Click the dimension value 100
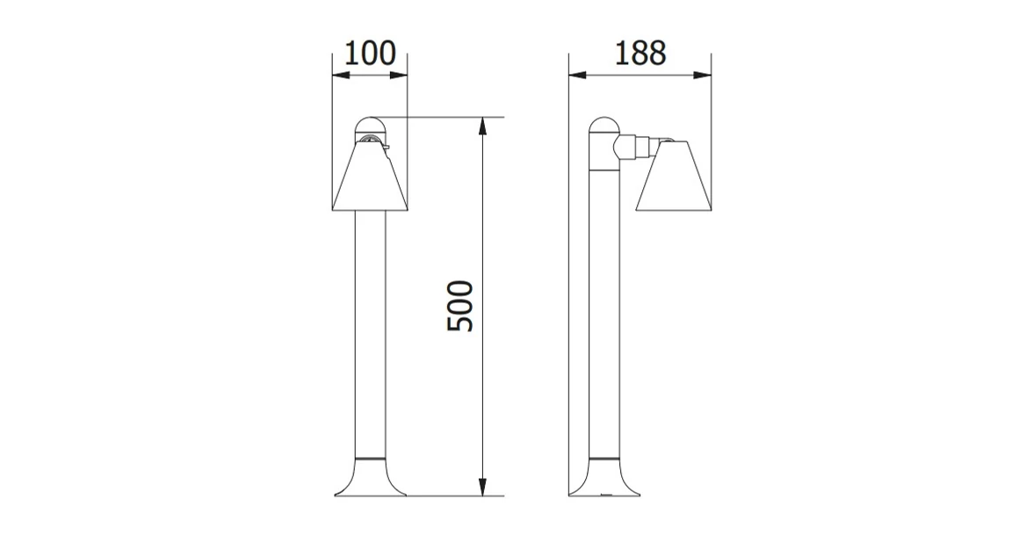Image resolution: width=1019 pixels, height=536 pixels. (370, 54)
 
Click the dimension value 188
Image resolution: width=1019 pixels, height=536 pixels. (640, 53)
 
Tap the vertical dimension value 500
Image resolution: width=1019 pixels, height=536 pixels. (460, 306)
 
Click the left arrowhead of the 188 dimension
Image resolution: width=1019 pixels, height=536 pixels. (575, 76)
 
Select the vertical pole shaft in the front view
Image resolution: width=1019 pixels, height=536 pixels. (370, 334)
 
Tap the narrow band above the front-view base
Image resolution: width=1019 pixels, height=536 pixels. (370, 459)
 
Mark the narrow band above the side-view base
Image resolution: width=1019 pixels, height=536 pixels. (603, 459)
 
